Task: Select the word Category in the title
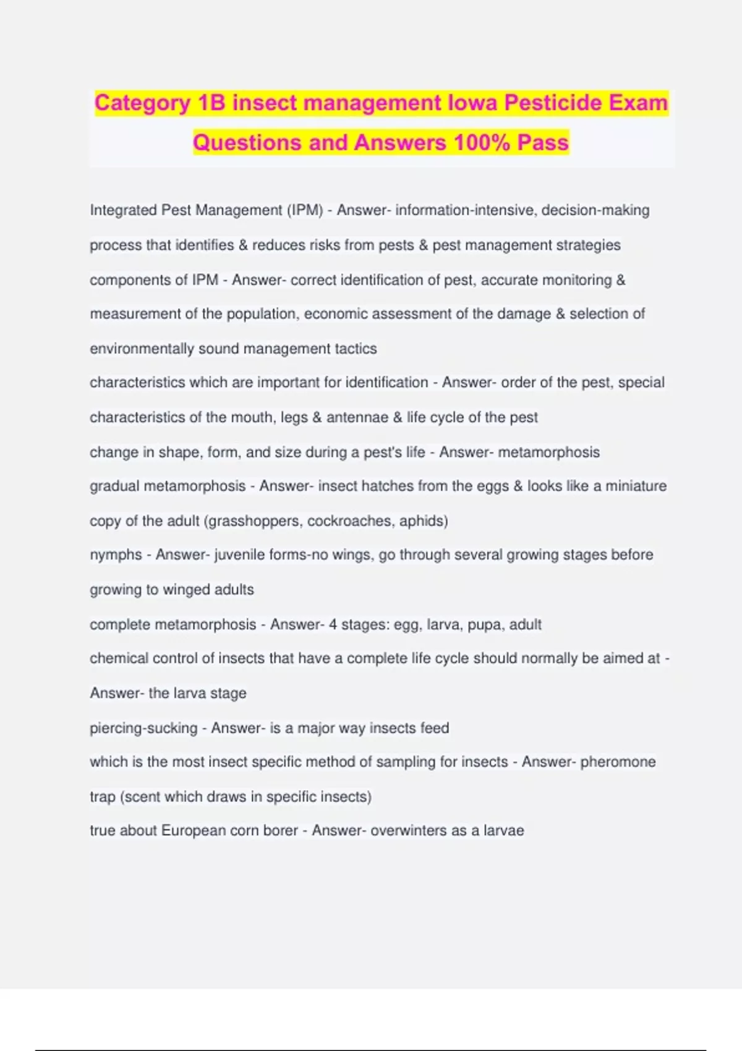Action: tap(142, 103)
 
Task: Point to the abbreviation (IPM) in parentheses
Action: tap(305, 210)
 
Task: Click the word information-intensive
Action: tap(466, 210)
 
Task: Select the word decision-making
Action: tap(595, 210)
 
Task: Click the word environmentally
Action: tap(142, 349)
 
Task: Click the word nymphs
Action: tap(116, 555)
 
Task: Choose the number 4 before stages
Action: tap(333, 624)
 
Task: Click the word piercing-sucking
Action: tap(143, 728)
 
